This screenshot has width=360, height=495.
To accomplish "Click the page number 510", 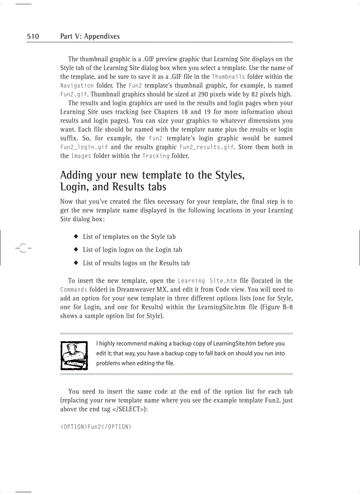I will click(33, 37).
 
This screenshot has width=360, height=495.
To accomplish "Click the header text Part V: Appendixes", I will click(90, 37).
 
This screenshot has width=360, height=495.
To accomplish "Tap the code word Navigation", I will click(77, 86).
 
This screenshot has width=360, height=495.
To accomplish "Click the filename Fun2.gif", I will click(74, 94).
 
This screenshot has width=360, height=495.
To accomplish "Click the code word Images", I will click(81, 156).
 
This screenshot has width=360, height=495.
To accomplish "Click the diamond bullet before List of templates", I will click(76, 236).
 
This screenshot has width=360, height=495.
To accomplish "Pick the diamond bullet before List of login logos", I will click(76, 249).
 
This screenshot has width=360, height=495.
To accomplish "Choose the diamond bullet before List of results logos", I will click(76, 263).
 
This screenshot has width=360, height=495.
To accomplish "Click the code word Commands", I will click(73, 290).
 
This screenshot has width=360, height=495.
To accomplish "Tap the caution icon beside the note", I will click(74, 354).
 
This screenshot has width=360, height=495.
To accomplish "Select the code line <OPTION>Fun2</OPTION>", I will click(96, 427).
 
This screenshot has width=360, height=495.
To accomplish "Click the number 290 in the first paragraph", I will click(204, 94).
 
